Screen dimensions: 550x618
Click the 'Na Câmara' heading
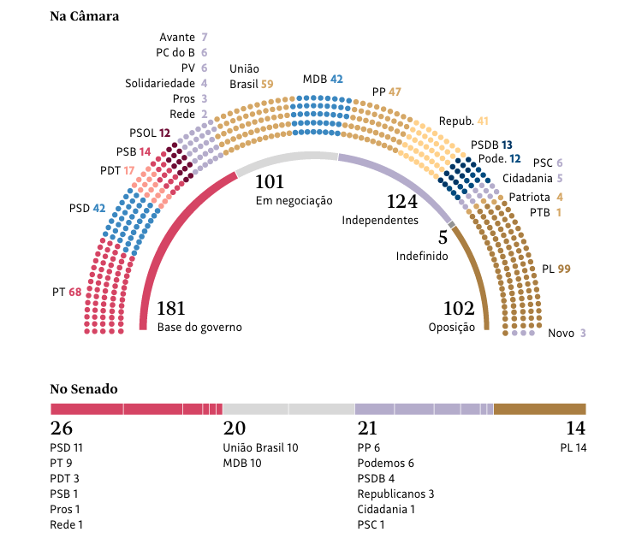click(x=85, y=16)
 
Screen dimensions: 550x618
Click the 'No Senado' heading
click(x=84, y=389)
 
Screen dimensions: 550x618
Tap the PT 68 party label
click(x=67, y=293)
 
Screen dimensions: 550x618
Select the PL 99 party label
click(x=556, y=269)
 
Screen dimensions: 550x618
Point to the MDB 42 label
click(x=323, y=80)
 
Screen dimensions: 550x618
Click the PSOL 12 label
click(x=150, y=133)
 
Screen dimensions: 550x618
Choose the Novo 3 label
click(x=567, y=334)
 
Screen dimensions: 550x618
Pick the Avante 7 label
click(x=183, y=38)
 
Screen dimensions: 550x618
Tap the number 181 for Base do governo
click(x=171, y=309)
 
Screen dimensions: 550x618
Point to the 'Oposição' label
click(x=451, y=327)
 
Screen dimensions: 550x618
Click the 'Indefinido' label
click(x=421, y=256)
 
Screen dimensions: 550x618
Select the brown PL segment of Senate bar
click(x=539, y=409)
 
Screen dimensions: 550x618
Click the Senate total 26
click(x=62, y=429)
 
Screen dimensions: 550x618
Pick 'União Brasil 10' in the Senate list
click(x=260, y=447)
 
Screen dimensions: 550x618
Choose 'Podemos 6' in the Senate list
click(x=385, y=463)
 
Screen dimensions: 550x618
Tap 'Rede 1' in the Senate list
click(x=67, y=524)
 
